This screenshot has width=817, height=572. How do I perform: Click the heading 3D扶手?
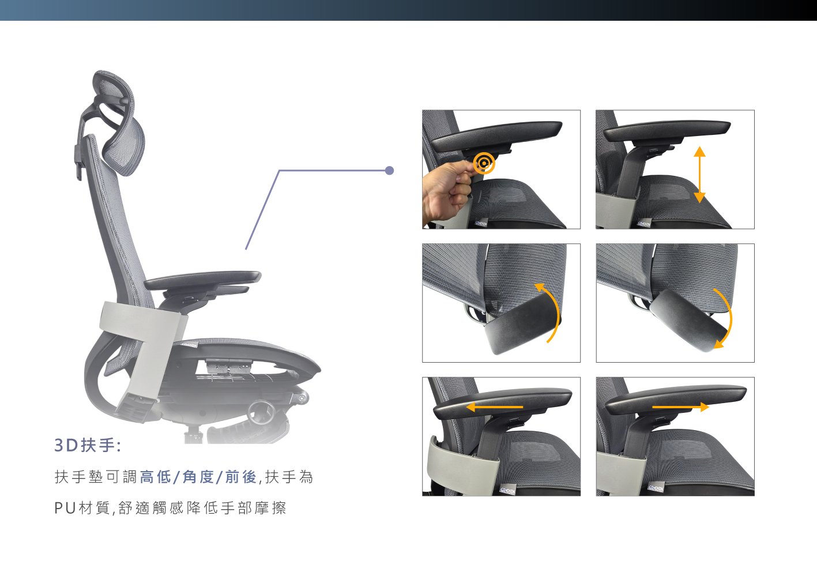click(x=88, y=445)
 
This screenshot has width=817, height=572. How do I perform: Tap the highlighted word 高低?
click(x=155, y=477)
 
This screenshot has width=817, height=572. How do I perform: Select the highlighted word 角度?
click(x=198, y=477)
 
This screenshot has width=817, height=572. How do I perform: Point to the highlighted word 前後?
click(x=241, y=477)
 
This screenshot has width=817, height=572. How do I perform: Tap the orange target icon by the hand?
click(x=484, y=163)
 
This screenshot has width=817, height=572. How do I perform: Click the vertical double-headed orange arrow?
click(x=699, y=174)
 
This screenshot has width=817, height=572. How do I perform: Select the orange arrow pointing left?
click(x=495, y=407)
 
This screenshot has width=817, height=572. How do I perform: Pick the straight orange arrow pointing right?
click(x=680, y=407)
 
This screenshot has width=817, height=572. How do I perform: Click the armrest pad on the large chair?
click(x=202, y=280)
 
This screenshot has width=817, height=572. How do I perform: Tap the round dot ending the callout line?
click(x=390, y=170)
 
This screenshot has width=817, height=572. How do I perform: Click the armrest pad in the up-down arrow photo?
click(x=667, y=130)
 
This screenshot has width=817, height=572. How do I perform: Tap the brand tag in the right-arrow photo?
click(x=656, y=487)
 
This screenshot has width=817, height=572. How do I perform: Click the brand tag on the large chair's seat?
click(x=189, y=345)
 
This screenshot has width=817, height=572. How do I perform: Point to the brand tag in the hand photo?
click(x=481, y=223)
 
